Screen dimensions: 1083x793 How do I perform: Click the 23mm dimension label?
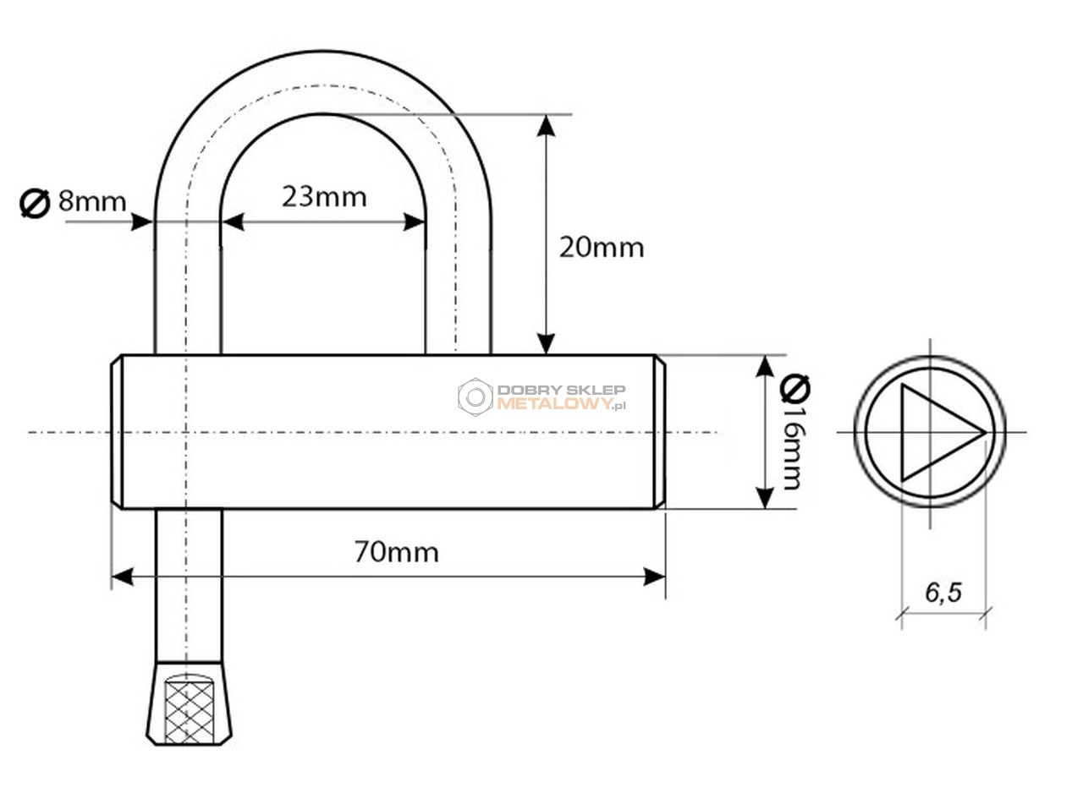pos(324,197)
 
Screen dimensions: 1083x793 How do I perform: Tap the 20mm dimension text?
pos(602,248)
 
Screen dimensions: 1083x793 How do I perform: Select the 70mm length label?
pos(397,552)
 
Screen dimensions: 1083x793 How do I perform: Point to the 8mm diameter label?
pos(92,201)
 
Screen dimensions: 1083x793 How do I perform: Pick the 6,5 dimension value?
pos(943,593)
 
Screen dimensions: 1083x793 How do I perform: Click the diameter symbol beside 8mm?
pos(35,203)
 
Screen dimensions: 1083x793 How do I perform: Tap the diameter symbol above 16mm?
pos(795,388)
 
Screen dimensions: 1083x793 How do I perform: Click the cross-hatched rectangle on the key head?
pos(189,712)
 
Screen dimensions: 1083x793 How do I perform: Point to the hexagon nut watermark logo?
pos(476,397)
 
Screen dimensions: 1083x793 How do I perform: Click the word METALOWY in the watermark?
pos(554,404)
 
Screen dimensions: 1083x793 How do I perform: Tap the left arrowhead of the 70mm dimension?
pos(123,577)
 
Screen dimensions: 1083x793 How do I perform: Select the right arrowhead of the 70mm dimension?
pos(654,577)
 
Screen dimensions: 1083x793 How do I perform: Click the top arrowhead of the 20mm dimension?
pos(546,126)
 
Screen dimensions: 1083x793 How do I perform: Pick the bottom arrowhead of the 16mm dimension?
pos(764,498)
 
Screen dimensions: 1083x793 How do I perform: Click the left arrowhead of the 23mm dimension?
pos(233,222)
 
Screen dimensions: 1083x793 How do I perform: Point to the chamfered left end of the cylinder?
pos(117,432)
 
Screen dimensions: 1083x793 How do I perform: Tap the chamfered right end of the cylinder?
pos(659,432)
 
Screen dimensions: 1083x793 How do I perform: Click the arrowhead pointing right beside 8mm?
pos(142,222)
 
